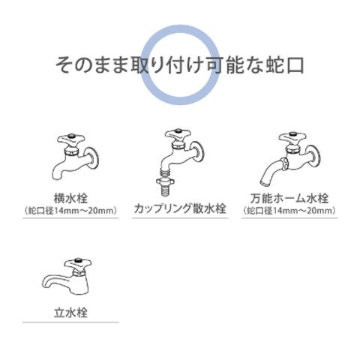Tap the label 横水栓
tap(71, 199)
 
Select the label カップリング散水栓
tap(180, 208)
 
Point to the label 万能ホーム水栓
tap(289, 199)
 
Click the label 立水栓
tap(71, 313)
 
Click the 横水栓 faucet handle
tap(71, 140)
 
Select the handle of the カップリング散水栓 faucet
tap(178, 134)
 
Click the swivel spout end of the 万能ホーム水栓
tap(265, 182)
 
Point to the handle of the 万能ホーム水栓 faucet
tap(292, 138)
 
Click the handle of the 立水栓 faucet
tap(78, 264)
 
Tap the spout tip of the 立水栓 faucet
tap(45, 287)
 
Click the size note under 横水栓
tap(71, 211)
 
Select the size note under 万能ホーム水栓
tap(289, 211)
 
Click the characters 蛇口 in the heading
tap(284, 65)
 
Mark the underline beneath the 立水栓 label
tap(70, 322)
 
